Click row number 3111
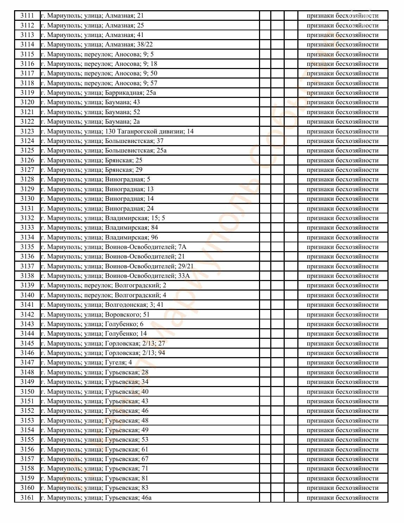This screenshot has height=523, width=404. (27, 15)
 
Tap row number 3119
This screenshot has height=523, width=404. (27, 93)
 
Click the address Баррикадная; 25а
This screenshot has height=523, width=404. (98, 93)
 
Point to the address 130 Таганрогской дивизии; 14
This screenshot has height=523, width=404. (117, 131)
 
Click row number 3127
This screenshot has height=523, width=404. (27, 170)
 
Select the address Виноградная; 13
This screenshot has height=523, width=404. (97, 189)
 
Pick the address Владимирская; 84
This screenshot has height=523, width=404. (99, 228)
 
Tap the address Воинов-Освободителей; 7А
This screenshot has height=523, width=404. (113, 247)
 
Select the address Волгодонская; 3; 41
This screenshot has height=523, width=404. (102, 305)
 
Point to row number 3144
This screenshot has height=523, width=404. (27, 334)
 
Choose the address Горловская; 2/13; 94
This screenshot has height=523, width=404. (103, 353)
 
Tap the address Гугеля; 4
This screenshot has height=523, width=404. (86, 362)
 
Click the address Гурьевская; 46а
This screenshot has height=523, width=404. (96, 498)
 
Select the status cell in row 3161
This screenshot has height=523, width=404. (342, 498)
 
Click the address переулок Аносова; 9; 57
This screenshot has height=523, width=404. (99, 83)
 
